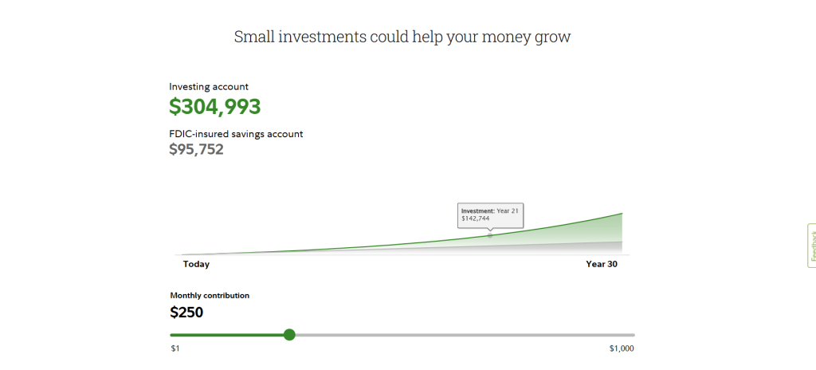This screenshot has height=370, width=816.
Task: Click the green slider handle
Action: [x=290, y=335]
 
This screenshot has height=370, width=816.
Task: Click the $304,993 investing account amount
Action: [x=215, y=107]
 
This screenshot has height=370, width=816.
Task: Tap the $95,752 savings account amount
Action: [x=196, y=150]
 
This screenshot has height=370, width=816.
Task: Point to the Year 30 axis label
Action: [x=602, y=264]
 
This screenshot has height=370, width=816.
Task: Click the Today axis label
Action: [x=196, y=264]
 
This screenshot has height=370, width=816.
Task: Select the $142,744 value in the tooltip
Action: [x=476, y=218]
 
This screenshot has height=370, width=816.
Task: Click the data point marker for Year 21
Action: [x=490, y=235]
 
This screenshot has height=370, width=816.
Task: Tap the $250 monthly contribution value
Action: [x=186, y=313]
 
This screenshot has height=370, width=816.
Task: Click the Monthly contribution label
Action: [x=210, y=296]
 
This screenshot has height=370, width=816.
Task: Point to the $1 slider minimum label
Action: [x=175, y=348]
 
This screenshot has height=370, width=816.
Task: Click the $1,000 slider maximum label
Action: [x=622, y=348]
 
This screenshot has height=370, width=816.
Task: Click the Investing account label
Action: [x=209, y=87]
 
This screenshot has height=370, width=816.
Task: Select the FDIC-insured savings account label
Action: [x=236, y=134]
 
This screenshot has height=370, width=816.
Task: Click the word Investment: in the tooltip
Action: [x=478, y=211]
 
